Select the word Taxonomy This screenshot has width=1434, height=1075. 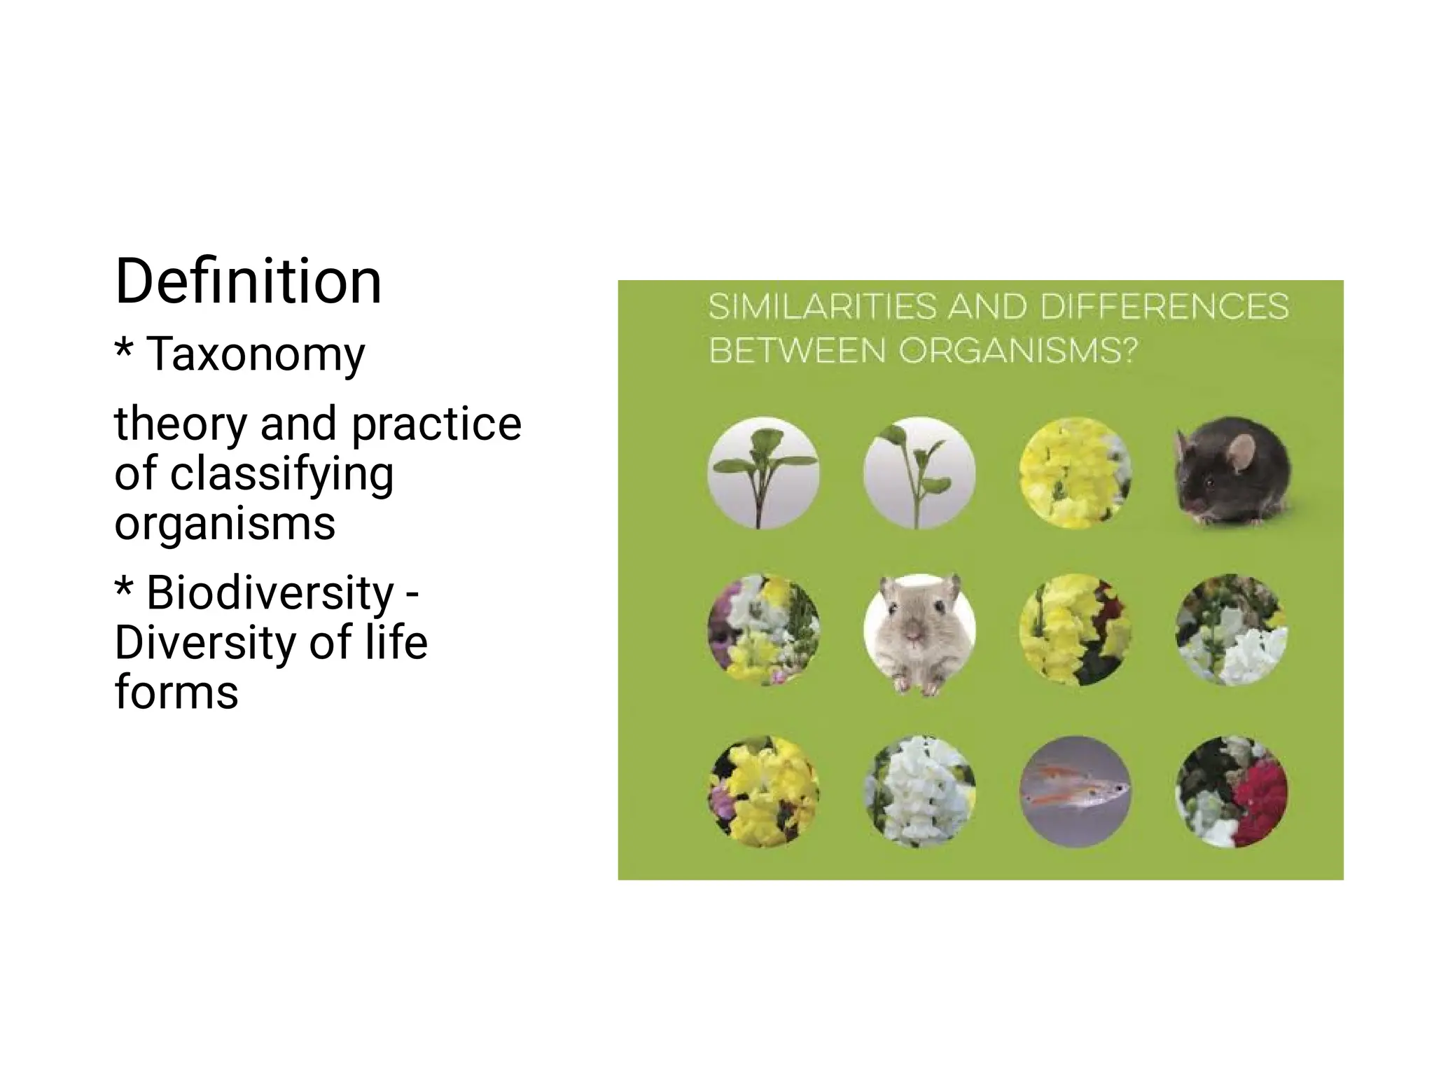[x=256, y=354]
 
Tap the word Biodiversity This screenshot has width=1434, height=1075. [x=270, y=592]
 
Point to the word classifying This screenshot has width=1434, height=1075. [x=282, y=474]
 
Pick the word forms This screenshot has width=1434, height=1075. [x=176, y=692]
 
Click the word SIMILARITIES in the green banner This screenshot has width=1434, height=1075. [x=822, y=307]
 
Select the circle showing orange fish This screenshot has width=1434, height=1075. [x=1075, y=791]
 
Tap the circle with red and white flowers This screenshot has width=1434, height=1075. [x=1232, y=791]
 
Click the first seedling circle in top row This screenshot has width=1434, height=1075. [x=763, y=473]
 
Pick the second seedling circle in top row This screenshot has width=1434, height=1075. [x=919, y=473]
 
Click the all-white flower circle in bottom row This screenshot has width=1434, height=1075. [x=919, y=791]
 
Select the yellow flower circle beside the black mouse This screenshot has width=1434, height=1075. [x=1075, y=473]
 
